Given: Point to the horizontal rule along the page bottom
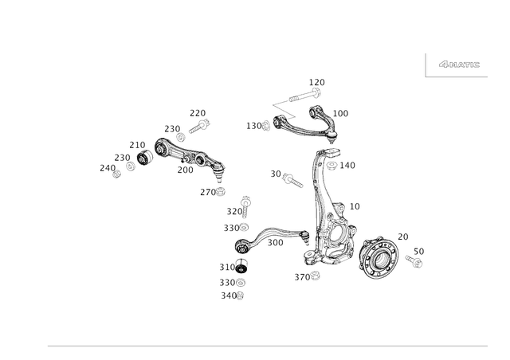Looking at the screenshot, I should pos(267,346).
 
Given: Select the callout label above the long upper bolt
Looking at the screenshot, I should pos(317,80).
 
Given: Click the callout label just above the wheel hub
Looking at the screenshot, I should pos(402,235).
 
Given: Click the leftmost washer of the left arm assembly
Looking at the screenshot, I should pos(117,170).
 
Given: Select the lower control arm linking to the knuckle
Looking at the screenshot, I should pos(271,238).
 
